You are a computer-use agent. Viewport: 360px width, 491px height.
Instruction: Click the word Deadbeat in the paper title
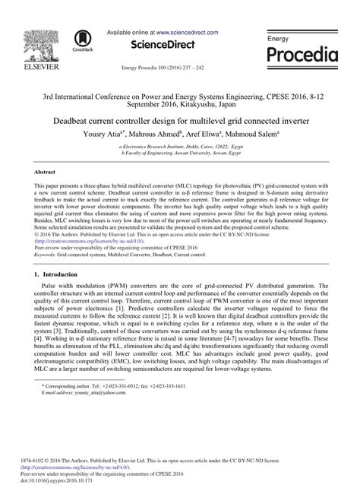point(77,121)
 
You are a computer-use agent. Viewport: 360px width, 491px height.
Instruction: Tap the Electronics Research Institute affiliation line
point(179,145)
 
